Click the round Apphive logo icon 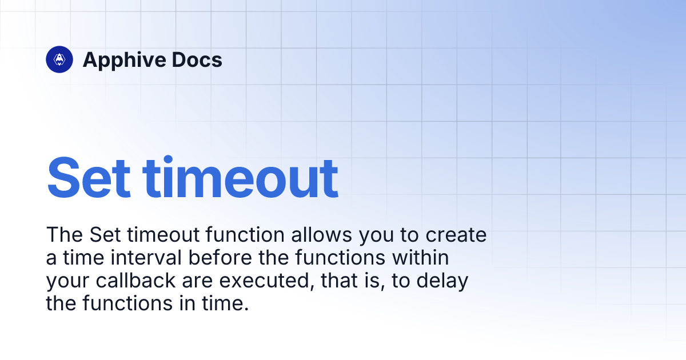(x=59, y=59)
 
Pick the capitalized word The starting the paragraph (x=63, y=235)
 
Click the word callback (x=125, y=281)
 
